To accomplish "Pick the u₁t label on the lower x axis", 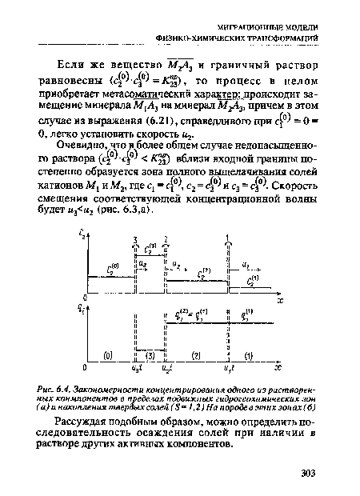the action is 227,370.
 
